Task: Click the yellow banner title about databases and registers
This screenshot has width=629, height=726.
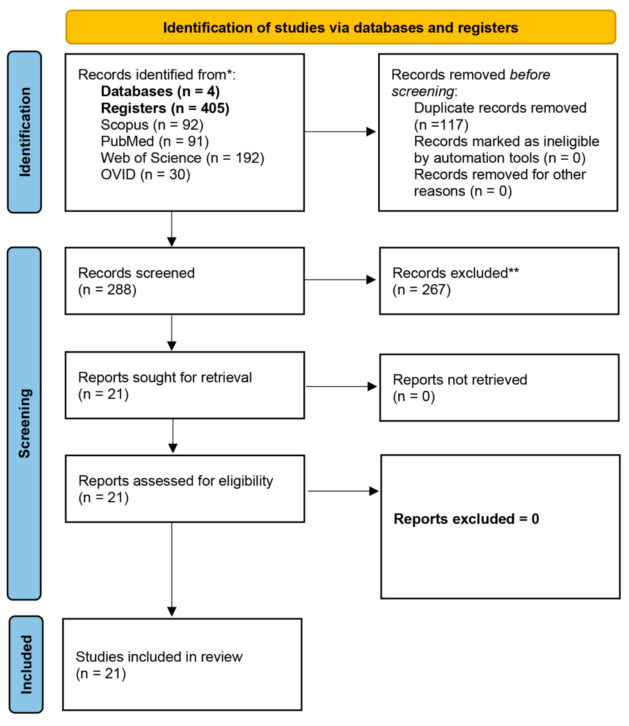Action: click(x=341, y=28)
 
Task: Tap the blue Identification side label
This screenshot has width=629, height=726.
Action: click(x=25, y=132)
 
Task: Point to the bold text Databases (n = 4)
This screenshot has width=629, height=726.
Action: click(x=160, y=92)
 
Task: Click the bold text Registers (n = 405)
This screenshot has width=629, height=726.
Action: click(x=165, y=108)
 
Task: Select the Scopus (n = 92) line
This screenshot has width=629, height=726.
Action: click(x=152, y=125)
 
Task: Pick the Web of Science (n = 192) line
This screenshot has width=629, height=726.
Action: click(x=182, y=158)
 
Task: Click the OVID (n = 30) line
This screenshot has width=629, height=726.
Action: click(x=145, y=175)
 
